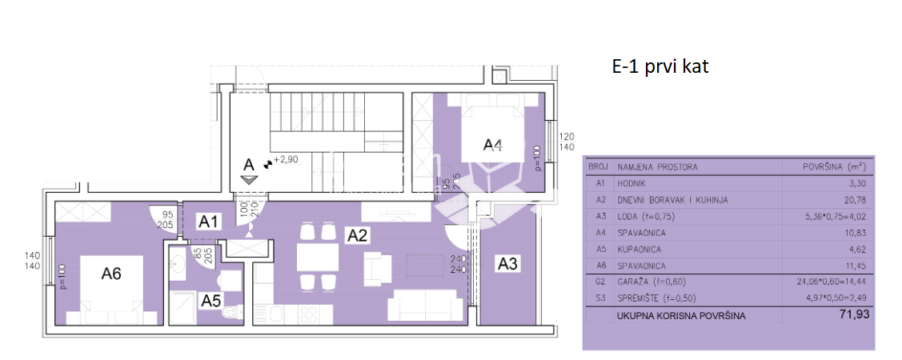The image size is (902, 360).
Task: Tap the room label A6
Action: [x=111, y=273]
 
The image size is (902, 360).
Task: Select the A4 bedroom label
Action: [x=493, y=145]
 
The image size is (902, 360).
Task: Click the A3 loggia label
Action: [x=507, y=262]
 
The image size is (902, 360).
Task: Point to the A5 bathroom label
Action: [x=211, y=301]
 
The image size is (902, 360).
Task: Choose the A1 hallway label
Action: [x=209, y=222]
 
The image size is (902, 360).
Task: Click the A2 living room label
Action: [x=356, y=234]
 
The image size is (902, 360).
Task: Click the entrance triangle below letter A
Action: [x=249, y=179]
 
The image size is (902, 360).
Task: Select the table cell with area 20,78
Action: [x=851, y=200]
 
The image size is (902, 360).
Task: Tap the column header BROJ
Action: [x=598, y=167]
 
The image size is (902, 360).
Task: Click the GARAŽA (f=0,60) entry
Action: [x=651, y=282]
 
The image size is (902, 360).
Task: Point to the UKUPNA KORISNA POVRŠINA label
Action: [x=680, y=315]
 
